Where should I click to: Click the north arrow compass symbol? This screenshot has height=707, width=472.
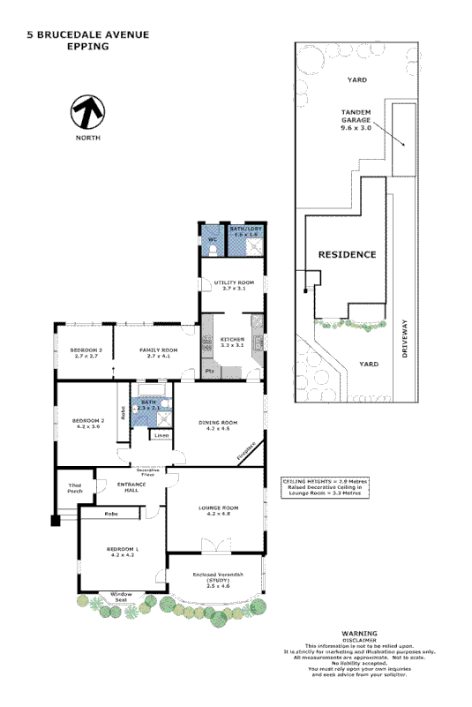(87, 112)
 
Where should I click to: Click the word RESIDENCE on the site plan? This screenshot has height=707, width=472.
(347, 254)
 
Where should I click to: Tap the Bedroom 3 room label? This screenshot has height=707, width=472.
(86, 354)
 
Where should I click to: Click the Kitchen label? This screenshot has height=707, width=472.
(231, 342)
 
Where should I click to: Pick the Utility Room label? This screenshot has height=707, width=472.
(233, 285)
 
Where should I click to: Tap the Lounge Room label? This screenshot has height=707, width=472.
(217, 511)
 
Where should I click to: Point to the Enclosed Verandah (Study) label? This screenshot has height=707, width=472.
(218, 580)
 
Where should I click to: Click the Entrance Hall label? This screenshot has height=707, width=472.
(118, 486)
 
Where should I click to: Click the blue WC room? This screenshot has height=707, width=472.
(213, 240)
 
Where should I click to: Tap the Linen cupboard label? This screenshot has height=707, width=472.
(161, 436)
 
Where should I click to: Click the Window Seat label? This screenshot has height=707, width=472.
(121, 597)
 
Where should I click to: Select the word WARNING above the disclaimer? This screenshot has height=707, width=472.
(359, 634)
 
